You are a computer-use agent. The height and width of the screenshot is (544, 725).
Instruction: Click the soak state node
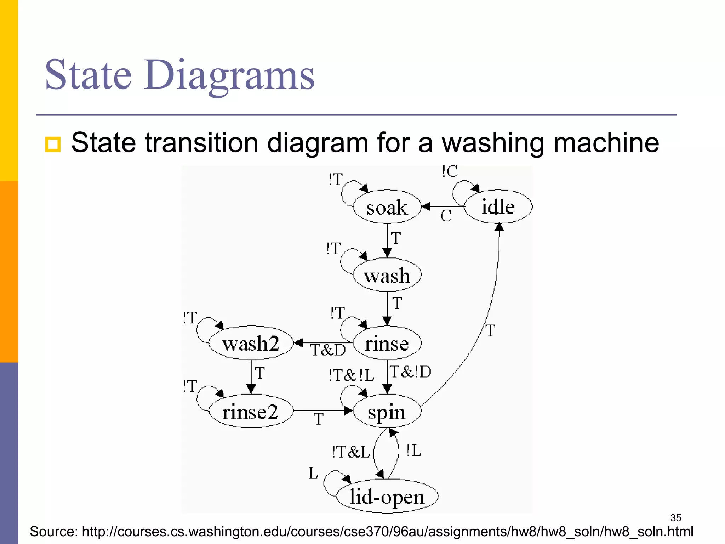(x=387, y=207)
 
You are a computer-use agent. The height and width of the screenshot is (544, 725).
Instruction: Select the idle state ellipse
(x=498, y=206)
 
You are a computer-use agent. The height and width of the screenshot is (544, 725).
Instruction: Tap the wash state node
(x=387, y=276)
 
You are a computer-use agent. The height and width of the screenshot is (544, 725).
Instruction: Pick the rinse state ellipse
(x=387, y=343)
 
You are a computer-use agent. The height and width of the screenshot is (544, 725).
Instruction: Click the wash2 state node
(x=251, y=343)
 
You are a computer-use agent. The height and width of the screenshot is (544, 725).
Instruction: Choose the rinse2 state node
(x=251, y=412)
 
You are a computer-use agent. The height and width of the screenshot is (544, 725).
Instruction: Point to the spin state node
(x=387, y=412)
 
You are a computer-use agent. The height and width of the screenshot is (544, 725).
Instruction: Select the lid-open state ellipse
(x=387, y=497)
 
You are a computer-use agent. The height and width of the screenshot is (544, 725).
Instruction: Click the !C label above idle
(x=450, y=172)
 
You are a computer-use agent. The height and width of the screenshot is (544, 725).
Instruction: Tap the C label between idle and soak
(x=446, y=216)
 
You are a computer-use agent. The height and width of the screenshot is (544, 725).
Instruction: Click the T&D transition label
(x=328, y=350)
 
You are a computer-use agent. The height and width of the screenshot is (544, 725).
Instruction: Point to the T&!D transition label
(x=410, y=372)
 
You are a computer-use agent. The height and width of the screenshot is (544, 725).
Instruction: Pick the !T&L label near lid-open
(x=350, y=452)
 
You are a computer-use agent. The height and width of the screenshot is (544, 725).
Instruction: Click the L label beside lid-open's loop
(x=313, y=473)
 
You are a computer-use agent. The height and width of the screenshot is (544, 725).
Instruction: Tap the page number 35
(x=675, y=518)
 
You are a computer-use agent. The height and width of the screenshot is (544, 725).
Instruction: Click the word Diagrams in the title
(x=229, y=75)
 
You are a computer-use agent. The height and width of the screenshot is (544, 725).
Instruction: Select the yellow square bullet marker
(x=53, y=144)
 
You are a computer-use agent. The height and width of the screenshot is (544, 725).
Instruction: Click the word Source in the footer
(x=53, y=532)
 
